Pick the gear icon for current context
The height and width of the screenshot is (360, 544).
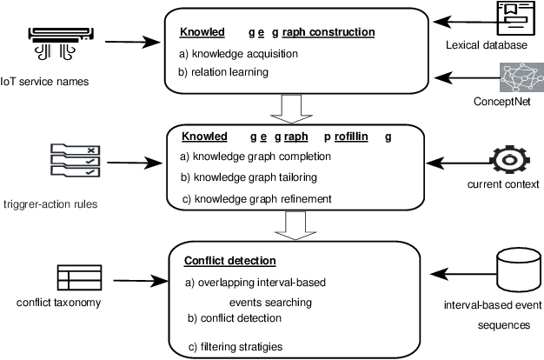[x=504, y=163]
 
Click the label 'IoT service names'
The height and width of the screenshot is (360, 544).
[x=46, y=82]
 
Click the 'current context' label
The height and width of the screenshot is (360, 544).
[x=503, y=184]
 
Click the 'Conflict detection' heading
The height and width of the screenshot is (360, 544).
[x=229, y=260]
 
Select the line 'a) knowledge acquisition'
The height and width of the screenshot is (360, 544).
[x=237, y=53]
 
